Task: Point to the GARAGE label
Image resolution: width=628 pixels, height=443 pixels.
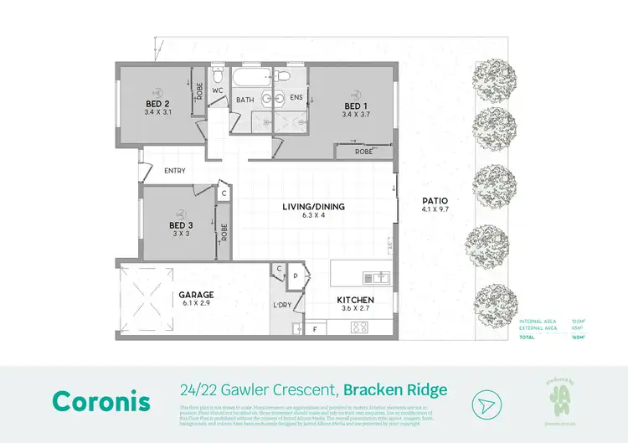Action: coord(196,295)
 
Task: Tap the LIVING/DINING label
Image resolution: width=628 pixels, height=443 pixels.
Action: coord(312,207)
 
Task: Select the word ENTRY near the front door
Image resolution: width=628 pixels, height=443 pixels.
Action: coord(175,171)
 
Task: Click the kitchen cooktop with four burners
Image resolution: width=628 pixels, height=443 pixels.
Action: coord(361,327)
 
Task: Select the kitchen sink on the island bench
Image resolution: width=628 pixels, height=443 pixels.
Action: coord(375,276)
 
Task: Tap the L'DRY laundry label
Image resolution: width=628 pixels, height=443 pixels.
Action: coord(281,306)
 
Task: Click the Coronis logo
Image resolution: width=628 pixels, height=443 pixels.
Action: coord(101,400)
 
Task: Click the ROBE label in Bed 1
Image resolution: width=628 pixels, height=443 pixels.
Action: coord(363,152)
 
